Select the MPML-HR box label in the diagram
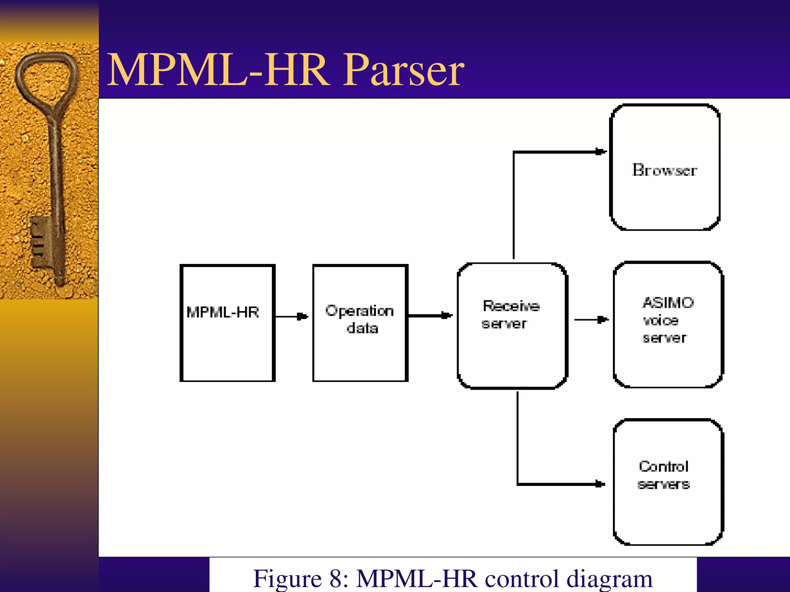(x=223, y=312)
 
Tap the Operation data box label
(x=360, y=320)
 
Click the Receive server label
(x=510, y=315)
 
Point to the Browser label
(x=664, y=170)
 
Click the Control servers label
(x=663, y=475)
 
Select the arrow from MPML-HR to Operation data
(x=292, y=317)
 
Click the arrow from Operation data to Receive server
(x=430, y=316)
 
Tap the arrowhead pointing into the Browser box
(x=601, y=152)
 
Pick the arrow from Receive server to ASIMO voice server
(x=591, y=320)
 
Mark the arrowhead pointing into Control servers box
(x=600, y=484)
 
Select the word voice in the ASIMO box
(x=660, y=321)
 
